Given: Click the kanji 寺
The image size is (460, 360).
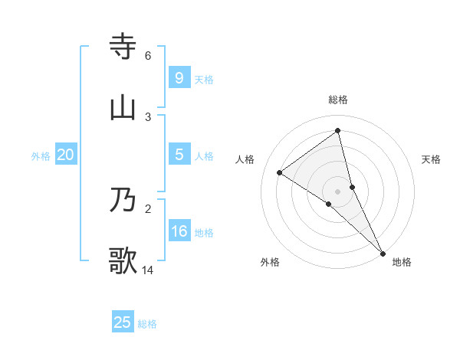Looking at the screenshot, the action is click(x=123, y=47).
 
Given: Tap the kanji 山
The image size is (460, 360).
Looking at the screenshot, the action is click(x=123, y=108).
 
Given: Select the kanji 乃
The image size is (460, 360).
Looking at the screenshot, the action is click(x=123, y=200).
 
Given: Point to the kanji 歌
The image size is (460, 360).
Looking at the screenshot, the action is click(x=123, y=260).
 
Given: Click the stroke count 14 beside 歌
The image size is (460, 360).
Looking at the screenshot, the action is click(x=148, y=270).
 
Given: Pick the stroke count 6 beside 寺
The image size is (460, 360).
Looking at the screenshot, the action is click(x=148, y=56).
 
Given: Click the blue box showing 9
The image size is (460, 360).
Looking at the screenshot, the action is click(x=179, y=77).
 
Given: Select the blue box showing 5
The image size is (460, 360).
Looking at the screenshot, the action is click(x=179, y=154).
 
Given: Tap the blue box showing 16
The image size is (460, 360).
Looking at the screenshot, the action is click(x=179, y=231).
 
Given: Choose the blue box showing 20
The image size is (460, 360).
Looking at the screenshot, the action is click(x=66, y=155).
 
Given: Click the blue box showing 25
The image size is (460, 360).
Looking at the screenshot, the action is click(x=123, y=322).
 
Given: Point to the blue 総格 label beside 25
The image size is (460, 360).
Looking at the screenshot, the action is click(x=147, y=324).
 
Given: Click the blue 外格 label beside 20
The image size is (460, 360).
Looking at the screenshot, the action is click(x=41, y=156).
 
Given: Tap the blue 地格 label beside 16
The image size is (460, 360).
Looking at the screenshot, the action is click(x=204, y=233).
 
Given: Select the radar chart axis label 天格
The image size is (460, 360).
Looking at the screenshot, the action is click(x=432, y=159).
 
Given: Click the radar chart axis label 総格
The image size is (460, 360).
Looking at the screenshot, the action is click(x=338, y=100).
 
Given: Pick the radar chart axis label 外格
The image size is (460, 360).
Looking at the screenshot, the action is click(x=270, y=262).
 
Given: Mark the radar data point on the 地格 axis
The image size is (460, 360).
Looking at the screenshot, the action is click(x=383, y=252).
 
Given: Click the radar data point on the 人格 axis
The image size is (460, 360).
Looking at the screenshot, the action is click(x=280, y=172).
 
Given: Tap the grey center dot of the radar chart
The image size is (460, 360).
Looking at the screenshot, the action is click(x=338, y=191).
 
